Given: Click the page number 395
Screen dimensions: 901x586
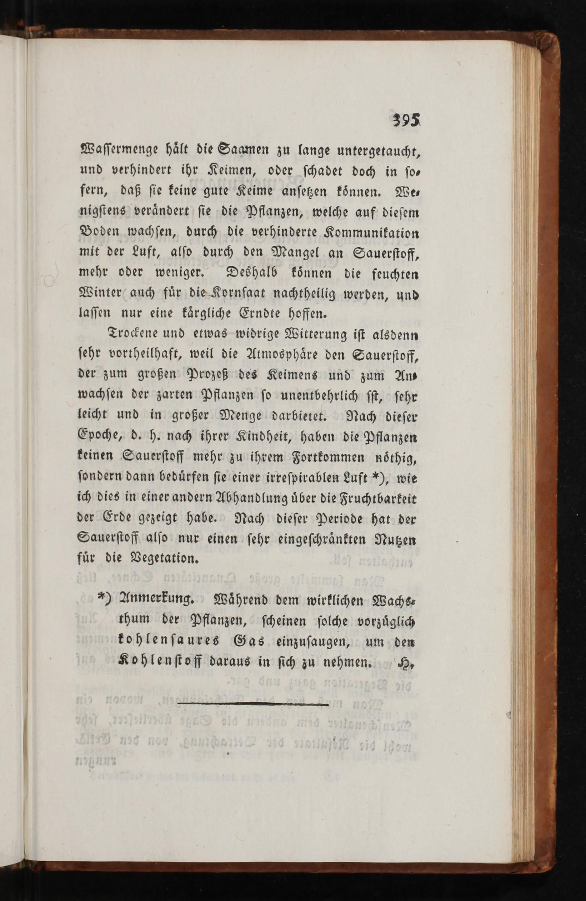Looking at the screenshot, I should (x=407, y=120).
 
